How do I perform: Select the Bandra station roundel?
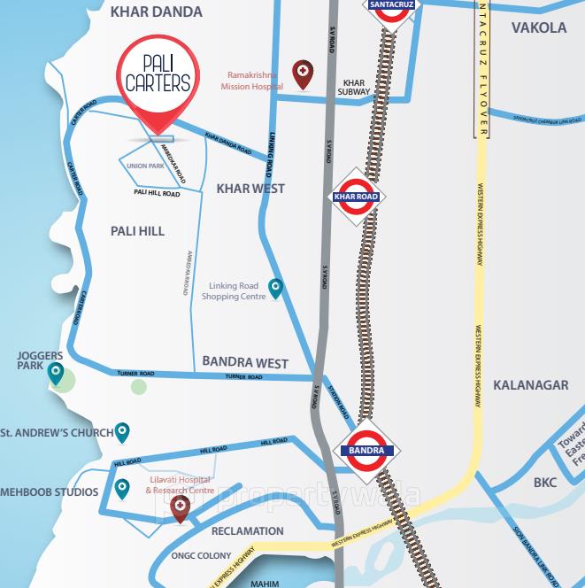coord(365,450)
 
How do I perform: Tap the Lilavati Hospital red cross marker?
coord(180,507)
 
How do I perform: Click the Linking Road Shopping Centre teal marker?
coord(276,288)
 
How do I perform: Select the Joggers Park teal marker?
coord(56,374)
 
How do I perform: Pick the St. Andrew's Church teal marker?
coord(122,432)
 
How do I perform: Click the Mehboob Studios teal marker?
coord(122,488)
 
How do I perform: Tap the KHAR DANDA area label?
coord(156,12)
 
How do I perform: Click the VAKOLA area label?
coord(538,27)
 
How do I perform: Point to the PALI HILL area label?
coord(137,231)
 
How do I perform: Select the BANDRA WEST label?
coord(245,362)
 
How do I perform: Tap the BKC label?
coord(544,484)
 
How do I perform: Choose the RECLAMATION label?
coord(248,531)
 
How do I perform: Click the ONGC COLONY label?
coord(201,555)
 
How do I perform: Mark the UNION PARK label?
coord(145,166)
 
